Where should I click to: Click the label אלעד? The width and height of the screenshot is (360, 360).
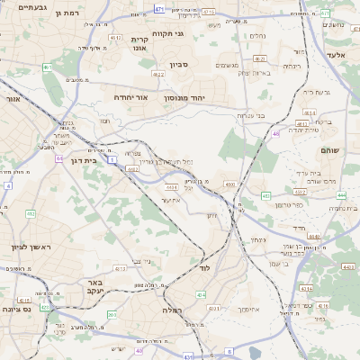(x=336, y=56)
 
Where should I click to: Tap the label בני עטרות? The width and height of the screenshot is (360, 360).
(x=248, y=115)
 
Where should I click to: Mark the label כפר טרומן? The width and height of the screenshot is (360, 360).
(x=288, y=205)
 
